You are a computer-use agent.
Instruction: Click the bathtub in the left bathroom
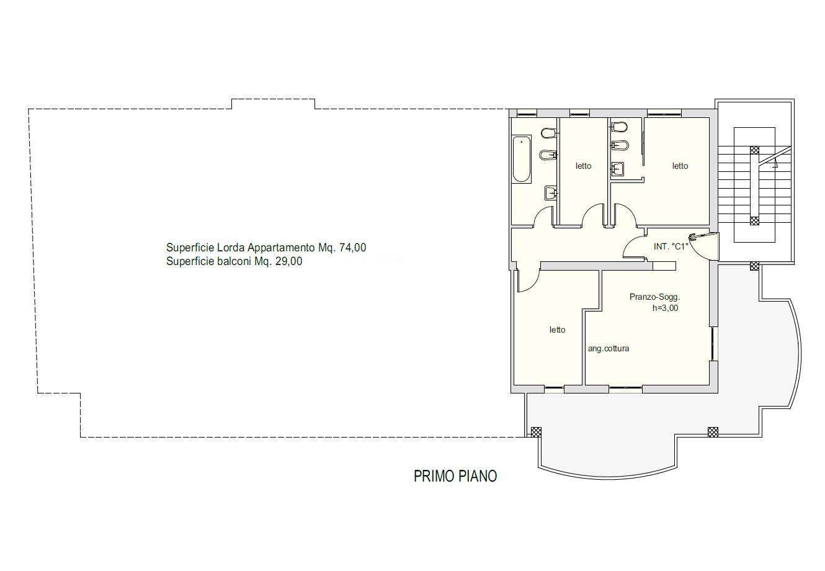point(522,160)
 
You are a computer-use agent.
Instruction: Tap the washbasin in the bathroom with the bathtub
point(551,192)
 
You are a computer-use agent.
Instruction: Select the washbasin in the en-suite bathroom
point(618,169)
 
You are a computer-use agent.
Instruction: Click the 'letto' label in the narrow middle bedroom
point(583,166)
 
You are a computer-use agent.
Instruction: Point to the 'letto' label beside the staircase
point(680,166)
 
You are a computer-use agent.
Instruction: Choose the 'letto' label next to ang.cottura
point(557,330)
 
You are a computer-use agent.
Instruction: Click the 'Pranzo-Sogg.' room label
point(654,297)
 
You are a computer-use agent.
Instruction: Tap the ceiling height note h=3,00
point(665,308)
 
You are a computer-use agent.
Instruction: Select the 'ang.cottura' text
point(609,348)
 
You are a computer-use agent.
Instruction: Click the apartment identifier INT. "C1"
point(671,246)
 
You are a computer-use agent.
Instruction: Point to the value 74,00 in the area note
point(352,248)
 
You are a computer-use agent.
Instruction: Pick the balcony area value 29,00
point(289,261)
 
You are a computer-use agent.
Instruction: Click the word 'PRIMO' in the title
point(433,476)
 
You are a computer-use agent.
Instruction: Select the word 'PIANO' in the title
point(476,476)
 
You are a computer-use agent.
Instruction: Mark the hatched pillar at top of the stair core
point(754,150)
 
